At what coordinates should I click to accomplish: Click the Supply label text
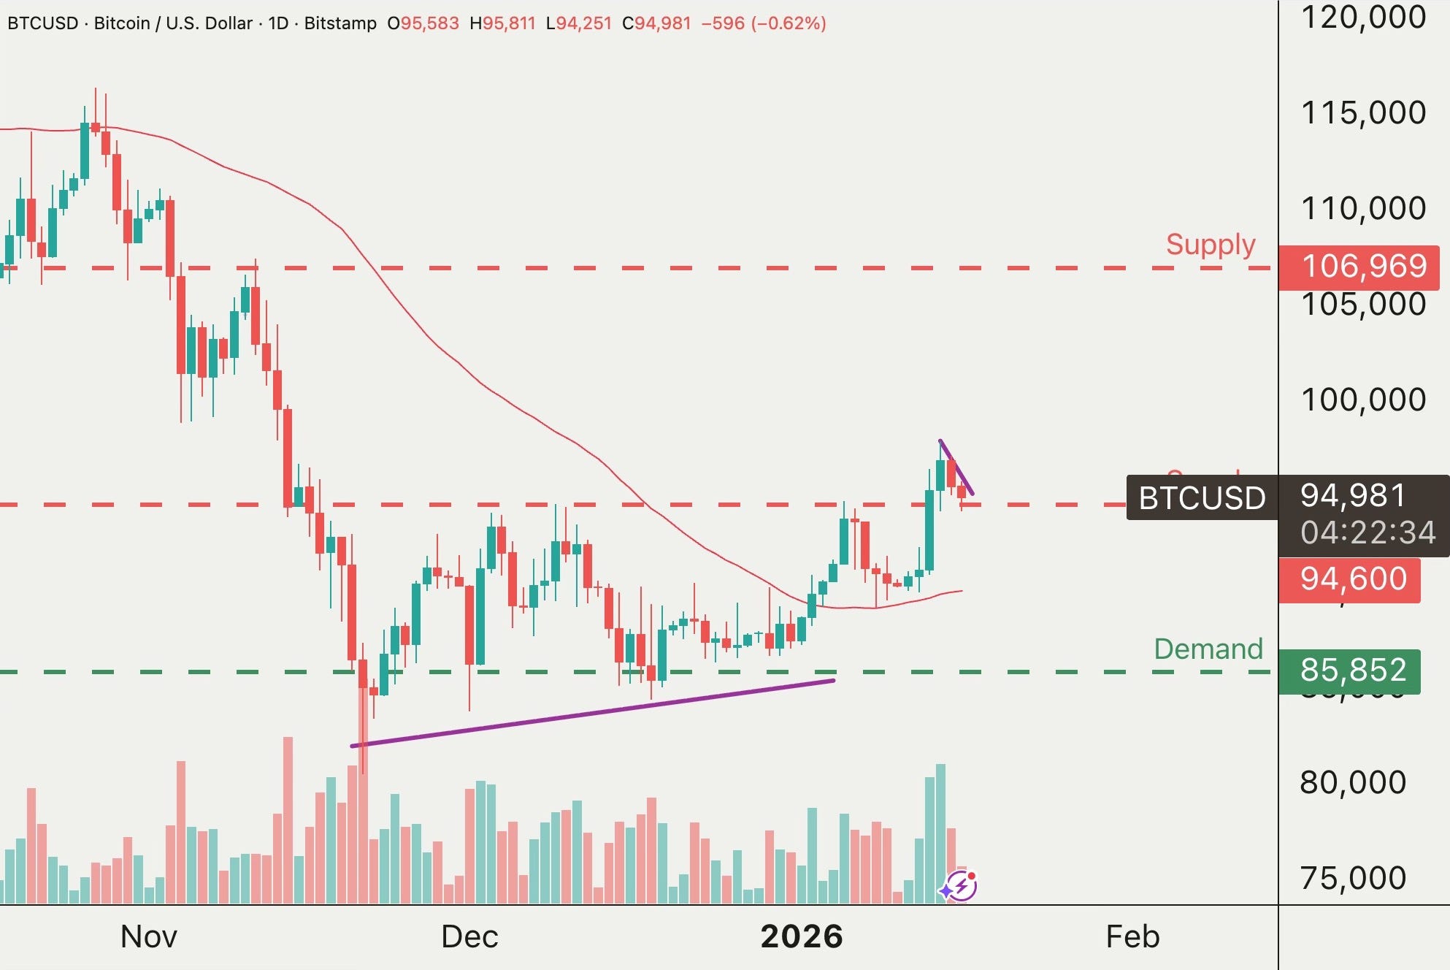click(x=1210, y=245)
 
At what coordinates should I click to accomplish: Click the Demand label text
click(x=1208, y=649)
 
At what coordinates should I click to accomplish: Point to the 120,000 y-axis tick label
click(x=1362, y=18)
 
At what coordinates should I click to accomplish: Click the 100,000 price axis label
click(x=1362, y=400)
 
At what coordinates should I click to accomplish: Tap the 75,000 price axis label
click(x=1352, y=878)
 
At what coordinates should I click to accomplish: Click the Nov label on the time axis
click(x=148, y=936)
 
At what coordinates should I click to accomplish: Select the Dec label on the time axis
click(x=469, y=936)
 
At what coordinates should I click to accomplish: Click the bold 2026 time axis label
click(x=801, y=936)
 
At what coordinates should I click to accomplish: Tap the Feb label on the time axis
click(x=1132, y=936)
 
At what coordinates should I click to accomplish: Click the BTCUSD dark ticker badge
click(x=1202, y=498)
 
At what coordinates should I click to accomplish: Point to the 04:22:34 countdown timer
click(x=1367, y=532)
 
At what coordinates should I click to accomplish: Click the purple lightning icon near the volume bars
click(x=959, y=887)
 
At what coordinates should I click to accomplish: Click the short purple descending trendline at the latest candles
click(x=956, y=467)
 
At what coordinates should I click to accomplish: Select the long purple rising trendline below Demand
click(x=591, y=713)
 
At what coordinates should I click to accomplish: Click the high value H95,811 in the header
click(x=502, y=23)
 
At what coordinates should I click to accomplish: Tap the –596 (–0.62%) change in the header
click(x=763, y=23)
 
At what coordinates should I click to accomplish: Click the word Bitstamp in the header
click(x=340, y=23)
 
